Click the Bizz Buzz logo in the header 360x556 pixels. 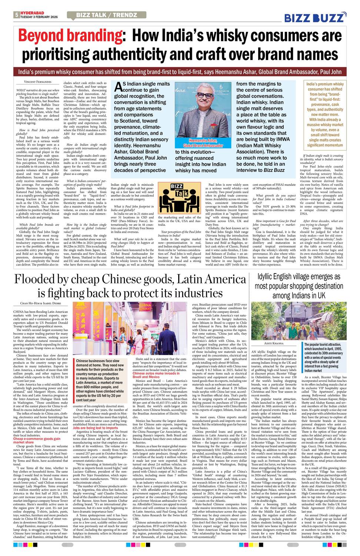[315, 17]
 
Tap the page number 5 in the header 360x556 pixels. [17, 15]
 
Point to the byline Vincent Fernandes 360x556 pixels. [38, 82]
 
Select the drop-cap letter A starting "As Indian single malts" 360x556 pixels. [118, 86]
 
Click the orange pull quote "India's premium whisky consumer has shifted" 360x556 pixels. [325, 114]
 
